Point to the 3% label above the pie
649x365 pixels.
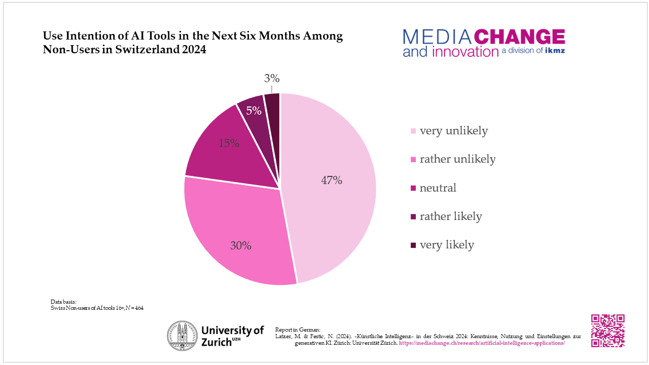272,79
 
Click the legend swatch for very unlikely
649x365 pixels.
413,131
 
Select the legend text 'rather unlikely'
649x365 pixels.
457,159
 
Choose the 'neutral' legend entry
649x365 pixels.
438,188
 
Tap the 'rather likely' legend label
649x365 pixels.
450,216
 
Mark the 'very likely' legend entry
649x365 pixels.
446,245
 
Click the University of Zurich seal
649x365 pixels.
183,336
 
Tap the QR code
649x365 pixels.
607,331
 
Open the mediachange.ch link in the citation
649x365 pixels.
482,343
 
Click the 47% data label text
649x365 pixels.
332,180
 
